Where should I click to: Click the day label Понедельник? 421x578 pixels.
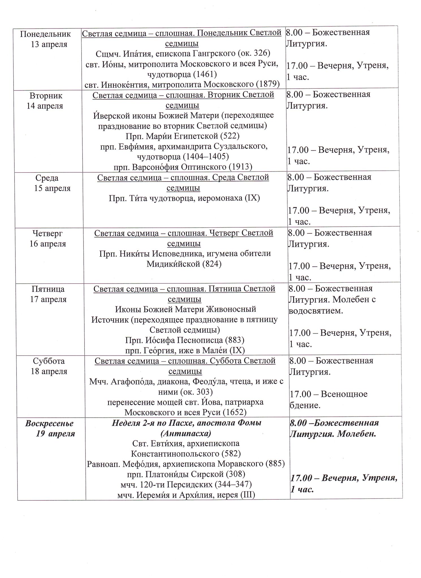(46, 34)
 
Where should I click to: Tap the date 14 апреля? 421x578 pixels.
(45, 106)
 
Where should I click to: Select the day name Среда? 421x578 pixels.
(47, 178)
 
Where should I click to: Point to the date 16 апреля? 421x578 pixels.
(48, 244)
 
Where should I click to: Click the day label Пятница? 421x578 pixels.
(48, 289)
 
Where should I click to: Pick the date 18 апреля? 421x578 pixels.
(49, 371)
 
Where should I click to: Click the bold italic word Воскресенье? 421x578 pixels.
(49, 423)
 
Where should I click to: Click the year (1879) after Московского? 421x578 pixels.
(267, 84)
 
